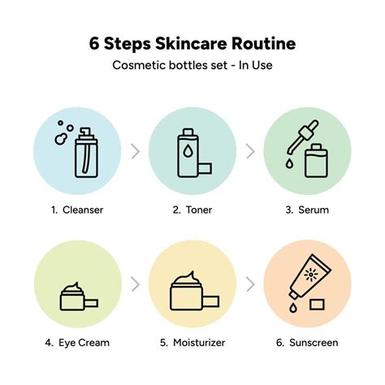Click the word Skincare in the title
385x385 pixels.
point(192,42)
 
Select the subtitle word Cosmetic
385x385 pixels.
point(139,66)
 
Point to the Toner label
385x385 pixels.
point(199,210)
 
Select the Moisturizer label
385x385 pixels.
point(199,342)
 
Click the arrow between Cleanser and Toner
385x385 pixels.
point(134,150)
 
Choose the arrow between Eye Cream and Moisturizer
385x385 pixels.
point(134,283)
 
